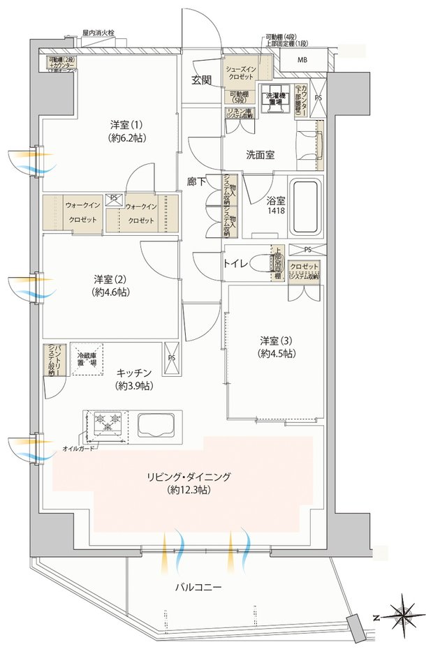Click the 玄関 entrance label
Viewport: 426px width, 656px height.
point(203,81)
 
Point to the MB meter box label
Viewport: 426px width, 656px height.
point(302,60)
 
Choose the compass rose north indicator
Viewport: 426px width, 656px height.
point(404,616)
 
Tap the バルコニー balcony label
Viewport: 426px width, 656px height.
point(198,588)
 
